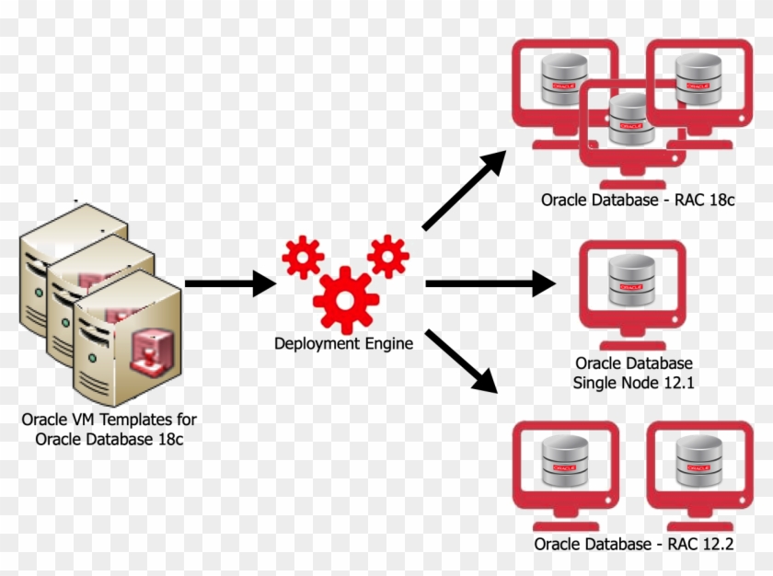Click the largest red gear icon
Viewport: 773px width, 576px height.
click(x=345, y=299)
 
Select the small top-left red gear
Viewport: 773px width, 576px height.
click(x=302, y=257)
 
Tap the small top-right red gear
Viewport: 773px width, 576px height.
click(x=387, y=254)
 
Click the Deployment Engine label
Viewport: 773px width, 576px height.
click(x=343, y=343)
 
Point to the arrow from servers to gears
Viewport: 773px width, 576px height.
click(x=230, y=283)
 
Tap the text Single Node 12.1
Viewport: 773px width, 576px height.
click(x=633, y=382)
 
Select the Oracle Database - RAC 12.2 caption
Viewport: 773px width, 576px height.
click(x=633, y=544)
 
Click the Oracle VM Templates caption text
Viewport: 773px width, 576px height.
click(x=110, y=429)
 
